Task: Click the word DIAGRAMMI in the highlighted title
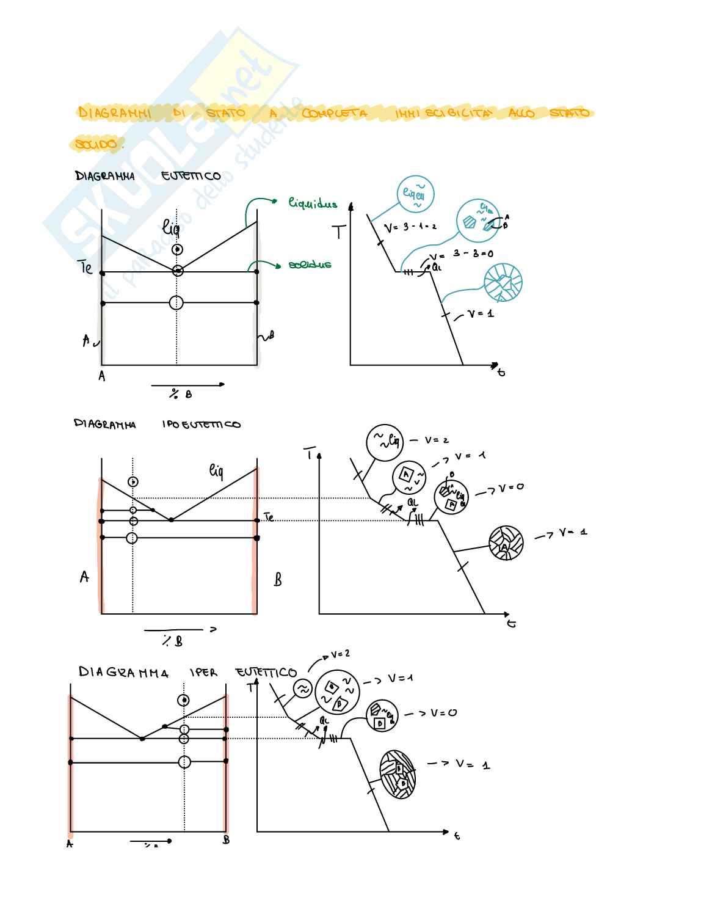point(114,112)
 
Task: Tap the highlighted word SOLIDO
point(96,145)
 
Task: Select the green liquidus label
point(313,204)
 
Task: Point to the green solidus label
point(310,265)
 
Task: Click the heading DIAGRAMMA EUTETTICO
point(148,177)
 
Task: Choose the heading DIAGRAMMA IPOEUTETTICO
point(157,424)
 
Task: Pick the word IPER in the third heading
point(203,673)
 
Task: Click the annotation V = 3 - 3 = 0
point(461,254)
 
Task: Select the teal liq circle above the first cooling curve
point(415,194)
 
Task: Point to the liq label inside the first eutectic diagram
point(171,228)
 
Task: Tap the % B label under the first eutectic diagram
point(181,395)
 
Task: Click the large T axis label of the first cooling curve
point(339,232)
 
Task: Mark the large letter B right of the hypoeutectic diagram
point(278,579)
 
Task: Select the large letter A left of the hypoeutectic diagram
point(84,577)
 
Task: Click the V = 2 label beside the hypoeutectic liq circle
point(438,440)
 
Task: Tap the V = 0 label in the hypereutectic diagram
point(441,713)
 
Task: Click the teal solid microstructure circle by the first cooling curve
point(503,283)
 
